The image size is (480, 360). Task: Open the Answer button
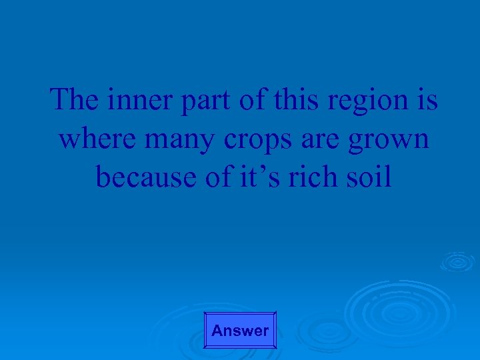coord(240,330)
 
